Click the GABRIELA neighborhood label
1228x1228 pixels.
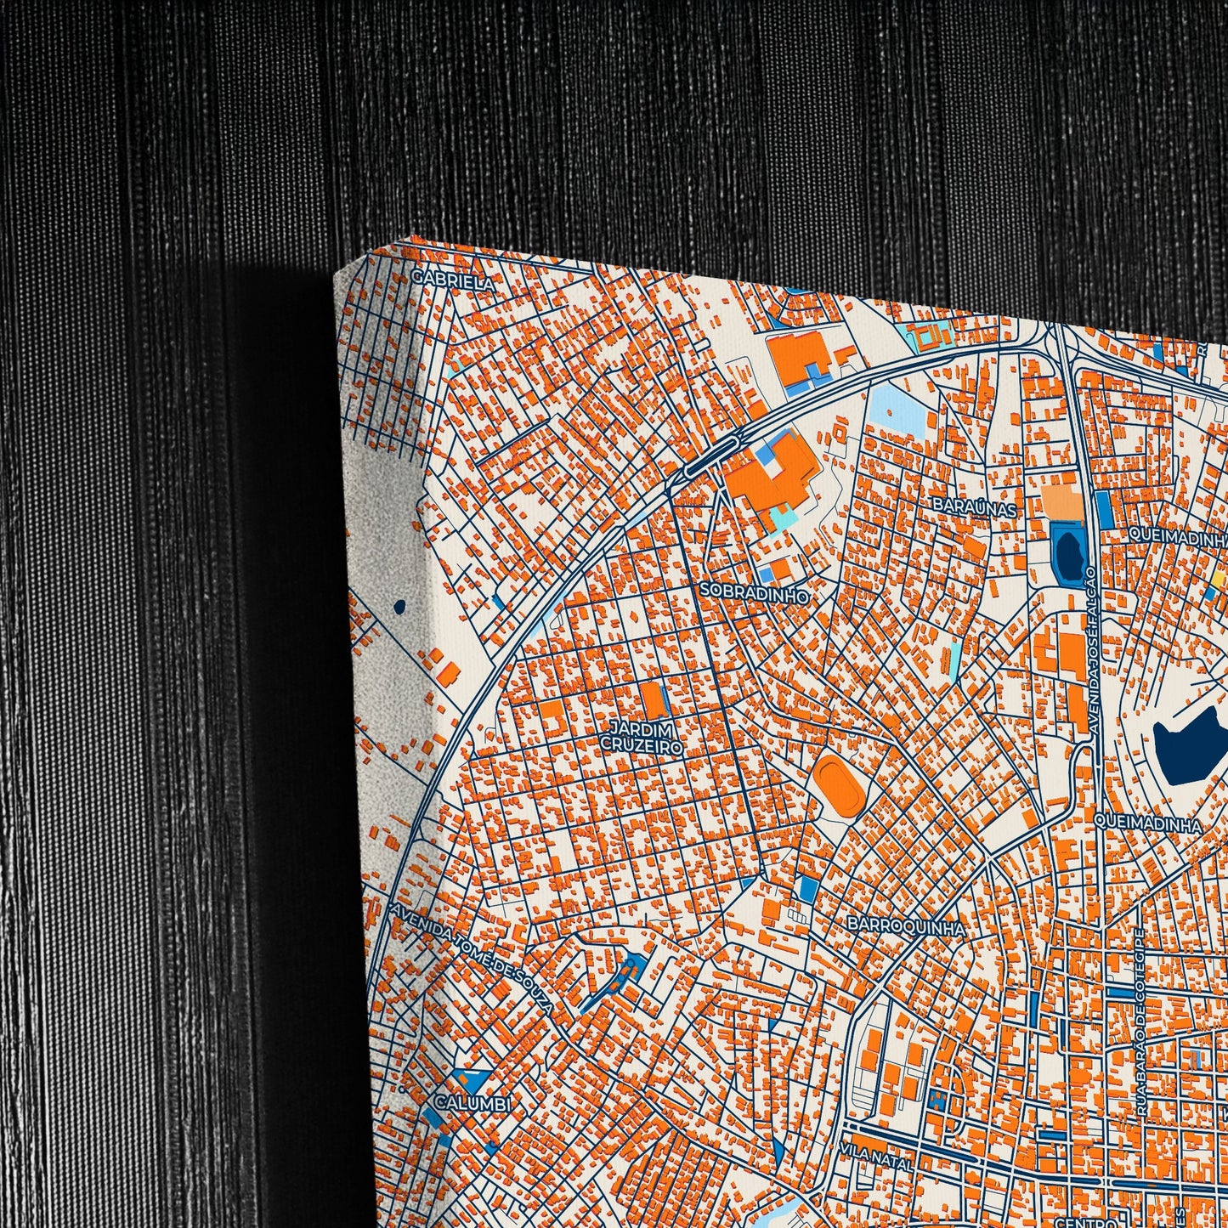click(451, 280)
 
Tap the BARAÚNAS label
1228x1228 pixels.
click(974, 507)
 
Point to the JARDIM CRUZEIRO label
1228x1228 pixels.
click(642, 738)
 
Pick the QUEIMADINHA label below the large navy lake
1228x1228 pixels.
click(1148, 823)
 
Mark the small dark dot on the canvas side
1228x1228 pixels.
click(399, 607)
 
